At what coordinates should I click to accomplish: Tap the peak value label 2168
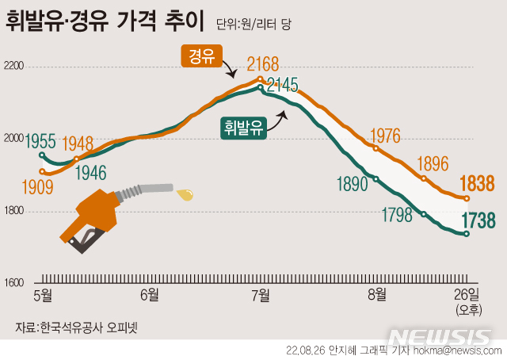click(262, 63)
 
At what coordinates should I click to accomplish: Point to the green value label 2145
click(283, 83)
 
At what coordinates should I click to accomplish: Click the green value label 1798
click(397, 214)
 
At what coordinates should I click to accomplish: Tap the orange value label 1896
click(433, 163)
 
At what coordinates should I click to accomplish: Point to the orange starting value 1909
click(38, 187)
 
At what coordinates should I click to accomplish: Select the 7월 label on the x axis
click(261, 295)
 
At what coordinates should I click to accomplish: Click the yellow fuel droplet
click(186, 192)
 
